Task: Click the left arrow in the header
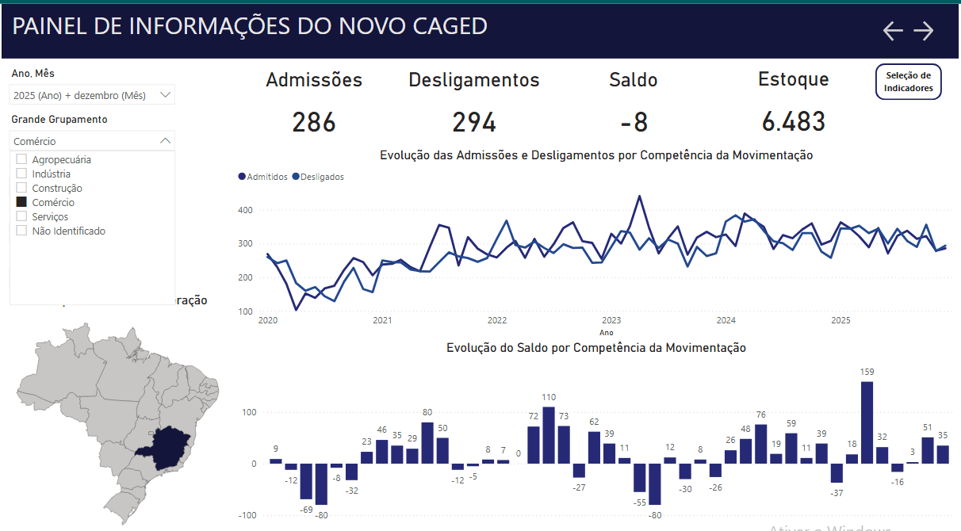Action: tap(893, 31)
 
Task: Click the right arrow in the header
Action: tap(924, 31)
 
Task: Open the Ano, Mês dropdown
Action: tap(92, 95)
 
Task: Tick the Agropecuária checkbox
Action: tap(22, 159)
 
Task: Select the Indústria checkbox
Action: tap(22, 174)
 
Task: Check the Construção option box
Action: tap(22, 188)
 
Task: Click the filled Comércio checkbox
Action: tap(22, 202)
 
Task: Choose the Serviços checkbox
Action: tap(22, 216)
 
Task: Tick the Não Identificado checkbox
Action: tap(22, 231)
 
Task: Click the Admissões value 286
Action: tap(314, 122)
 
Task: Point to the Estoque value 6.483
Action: tap(793, 122)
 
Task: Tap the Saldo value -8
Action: tap(634, 122)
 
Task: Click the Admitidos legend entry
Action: tap(263, 177)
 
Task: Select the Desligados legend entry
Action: tap(318, 177)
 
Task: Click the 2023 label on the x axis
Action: tap(611, 320)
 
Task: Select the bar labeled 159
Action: tap(867, 422)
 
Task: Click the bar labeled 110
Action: tap(549, 435)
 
